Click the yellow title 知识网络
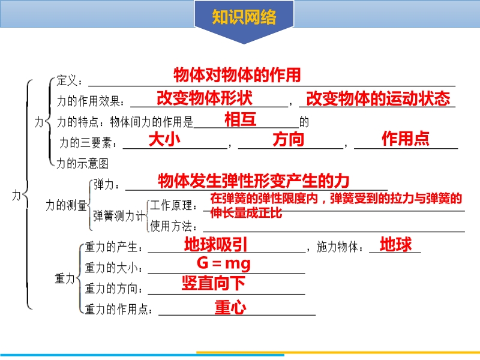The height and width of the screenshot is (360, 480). [244, 17]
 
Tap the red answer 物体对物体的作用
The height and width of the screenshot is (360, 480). [237, 75]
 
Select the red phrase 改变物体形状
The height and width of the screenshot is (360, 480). [205, 98]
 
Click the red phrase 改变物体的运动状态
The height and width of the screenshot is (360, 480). [378, 98]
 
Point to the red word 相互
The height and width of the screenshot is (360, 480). [241, 119]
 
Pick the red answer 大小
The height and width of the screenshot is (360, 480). [164, 140]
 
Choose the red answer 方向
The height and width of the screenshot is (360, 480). [289, 140]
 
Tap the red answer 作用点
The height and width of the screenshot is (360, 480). [406, 139]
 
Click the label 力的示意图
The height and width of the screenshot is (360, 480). [83, 163]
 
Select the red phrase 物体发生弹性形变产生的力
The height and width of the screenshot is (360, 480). [253, 181]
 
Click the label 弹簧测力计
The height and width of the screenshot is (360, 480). [119, 216]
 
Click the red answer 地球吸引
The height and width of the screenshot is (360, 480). [215, 244]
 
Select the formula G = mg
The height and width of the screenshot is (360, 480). [223, 263]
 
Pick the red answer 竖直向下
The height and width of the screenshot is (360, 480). [214, 283]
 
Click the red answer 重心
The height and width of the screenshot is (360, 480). [230, 307]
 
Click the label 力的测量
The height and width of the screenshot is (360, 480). [67, 205]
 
